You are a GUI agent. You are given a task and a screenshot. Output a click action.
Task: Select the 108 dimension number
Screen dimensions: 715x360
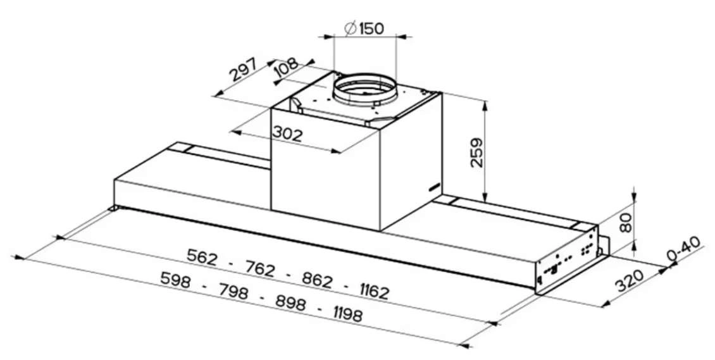(287, 69)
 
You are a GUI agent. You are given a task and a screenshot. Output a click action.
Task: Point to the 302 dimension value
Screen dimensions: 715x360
(287, 134)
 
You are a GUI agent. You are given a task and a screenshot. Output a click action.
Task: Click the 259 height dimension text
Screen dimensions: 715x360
(477, 152)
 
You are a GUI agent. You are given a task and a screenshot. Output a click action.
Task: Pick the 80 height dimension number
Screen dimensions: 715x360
(628, 222)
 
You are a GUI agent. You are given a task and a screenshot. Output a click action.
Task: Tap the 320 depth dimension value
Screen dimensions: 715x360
(630, 280)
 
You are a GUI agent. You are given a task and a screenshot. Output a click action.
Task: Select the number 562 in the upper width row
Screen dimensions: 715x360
(202, 258)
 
